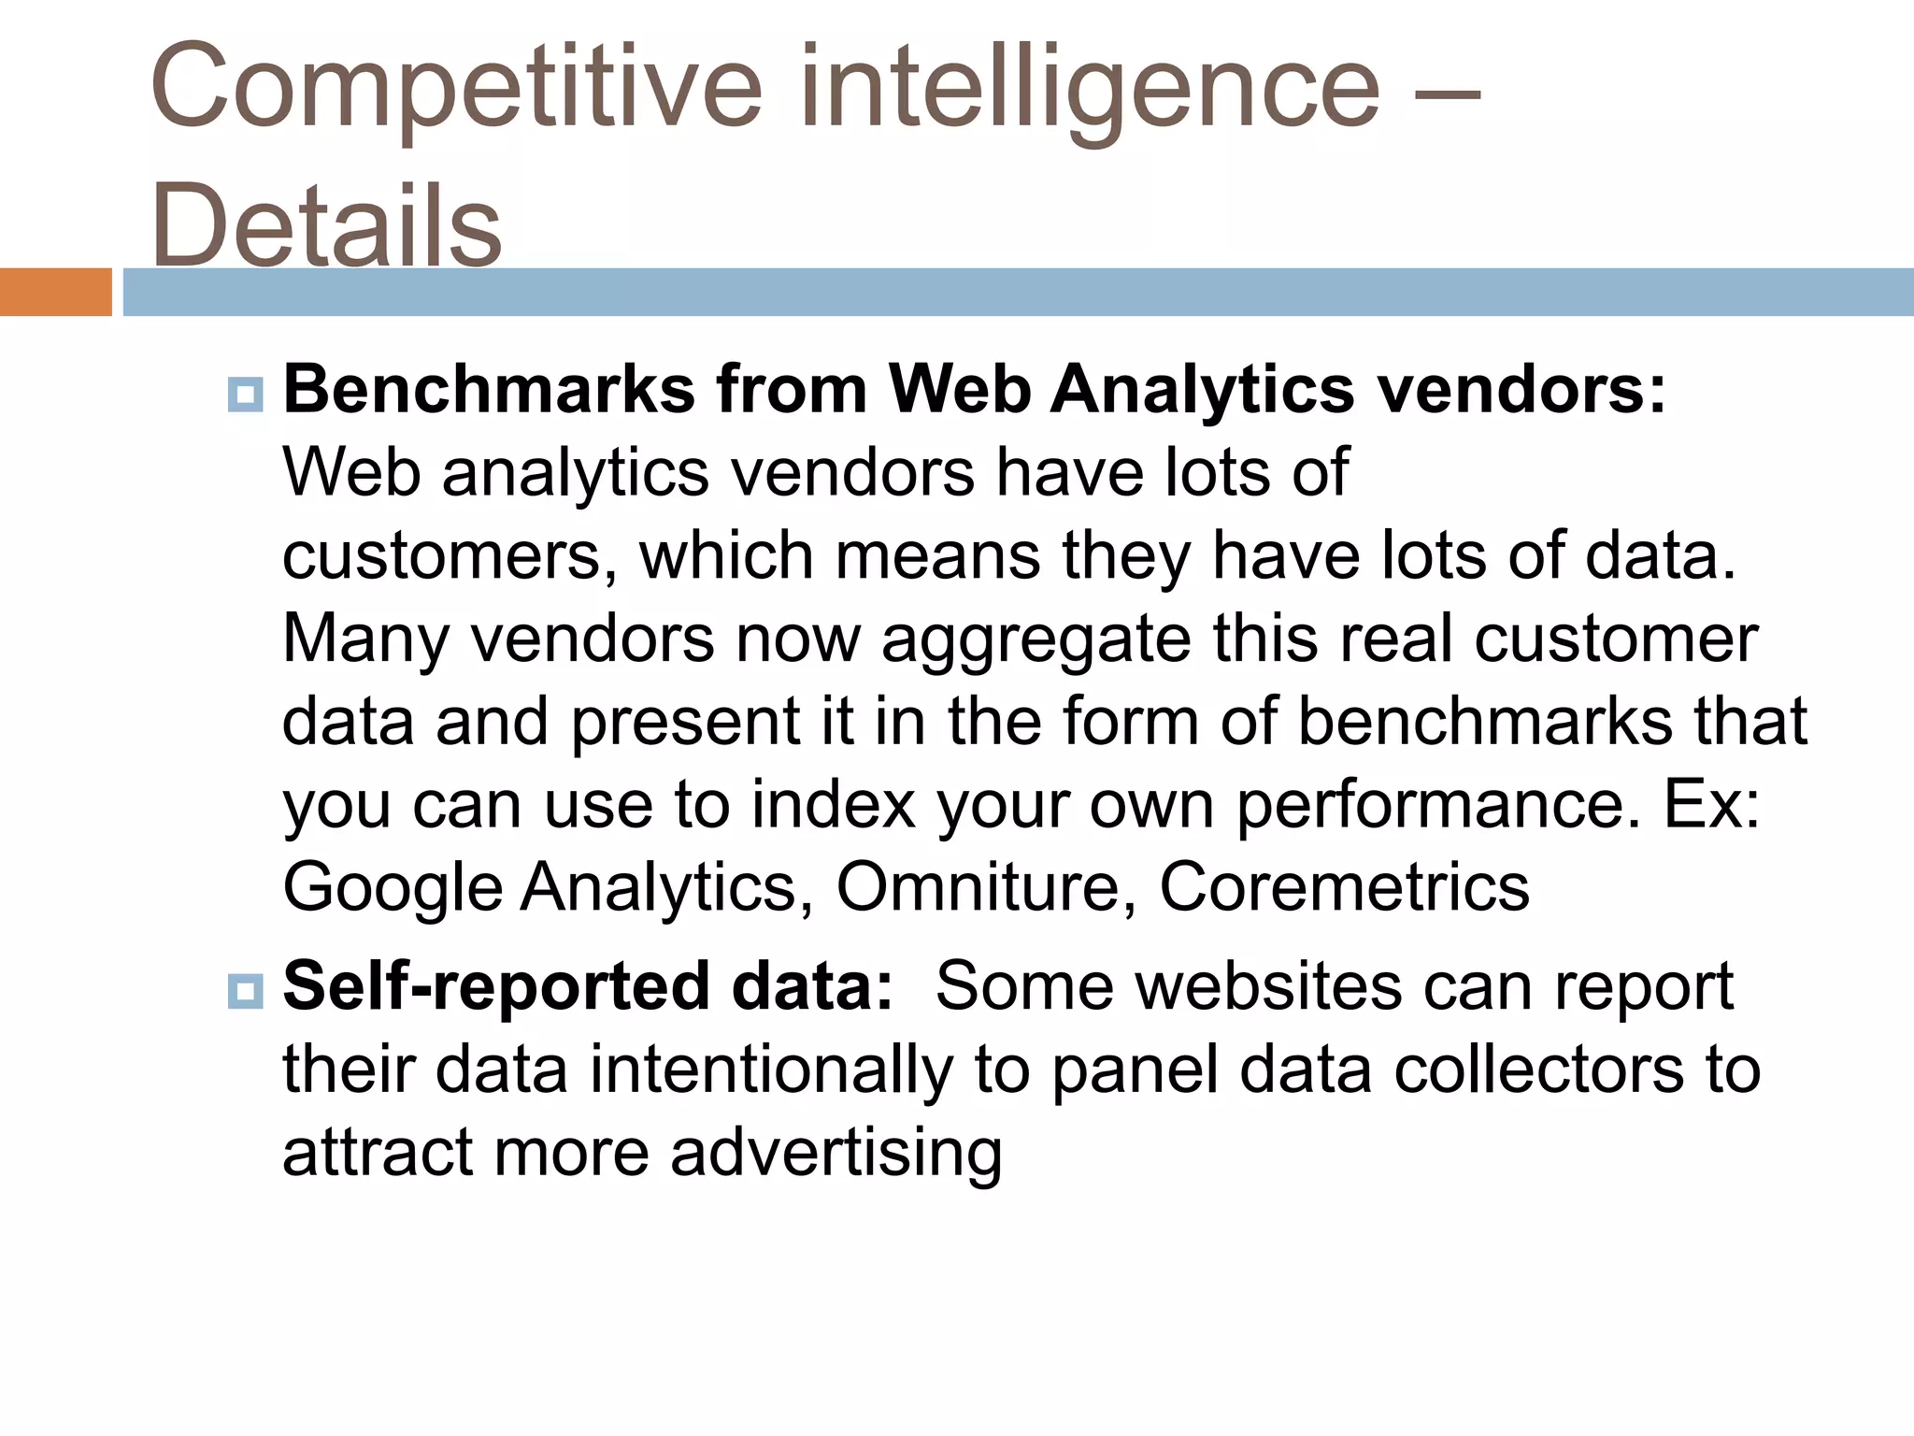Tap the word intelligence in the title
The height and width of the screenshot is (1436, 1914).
point(1089,89)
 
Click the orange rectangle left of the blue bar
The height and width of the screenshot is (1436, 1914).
point(55,292)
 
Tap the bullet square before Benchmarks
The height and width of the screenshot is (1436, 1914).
point(245,394)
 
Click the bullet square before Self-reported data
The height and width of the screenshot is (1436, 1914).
point(245,990)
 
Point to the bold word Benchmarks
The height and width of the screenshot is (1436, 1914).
point(489,389)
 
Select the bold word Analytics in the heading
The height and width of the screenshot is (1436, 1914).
point(1202,389)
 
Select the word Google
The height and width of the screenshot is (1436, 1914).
point(393,887)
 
